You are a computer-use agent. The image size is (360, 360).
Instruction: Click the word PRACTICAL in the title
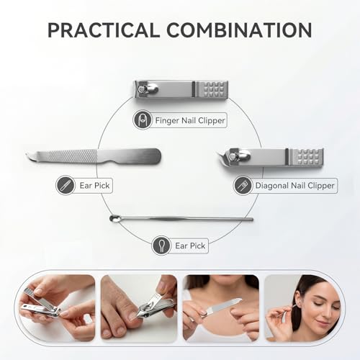tap(104, 30)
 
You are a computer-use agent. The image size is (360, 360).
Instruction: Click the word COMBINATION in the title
tap(239, 30)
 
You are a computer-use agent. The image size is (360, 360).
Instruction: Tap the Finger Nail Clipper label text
tap(190, 120)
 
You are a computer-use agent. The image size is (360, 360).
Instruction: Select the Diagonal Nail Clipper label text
tap(294, 185)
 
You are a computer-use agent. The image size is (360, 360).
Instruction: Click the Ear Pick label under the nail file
tap(94, 185)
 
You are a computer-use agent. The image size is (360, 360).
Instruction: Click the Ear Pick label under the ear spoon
tap(190, 246)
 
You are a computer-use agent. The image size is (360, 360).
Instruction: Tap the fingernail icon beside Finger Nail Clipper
tap(142, 120)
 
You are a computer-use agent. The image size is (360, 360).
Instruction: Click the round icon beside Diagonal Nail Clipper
tap(243, 186)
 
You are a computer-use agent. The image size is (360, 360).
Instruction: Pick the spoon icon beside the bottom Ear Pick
tap(161, 246)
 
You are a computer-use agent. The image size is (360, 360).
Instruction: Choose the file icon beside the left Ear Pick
tap(65, 185)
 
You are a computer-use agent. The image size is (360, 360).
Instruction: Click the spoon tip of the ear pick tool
tap(114, 218)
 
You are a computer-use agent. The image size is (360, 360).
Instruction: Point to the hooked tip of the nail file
tap(28, 156)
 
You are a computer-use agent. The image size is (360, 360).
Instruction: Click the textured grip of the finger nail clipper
tap(211, 89)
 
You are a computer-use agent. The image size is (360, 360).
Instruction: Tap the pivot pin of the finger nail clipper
tap(140, 89)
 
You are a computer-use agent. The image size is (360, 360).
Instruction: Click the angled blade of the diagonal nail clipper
tap(223, 156)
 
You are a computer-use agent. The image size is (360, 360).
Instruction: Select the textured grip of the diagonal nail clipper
tap(306, 157)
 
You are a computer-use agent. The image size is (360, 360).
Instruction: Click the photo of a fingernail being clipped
tap(57, 308)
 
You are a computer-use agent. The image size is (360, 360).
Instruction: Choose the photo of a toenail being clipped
tap(139, 308)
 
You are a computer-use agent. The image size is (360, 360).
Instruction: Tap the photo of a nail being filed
tap(221, 308)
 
